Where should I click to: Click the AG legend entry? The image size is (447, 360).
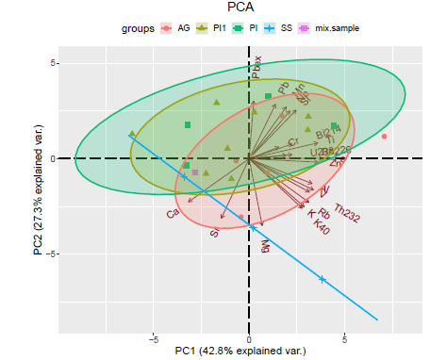point(182,28)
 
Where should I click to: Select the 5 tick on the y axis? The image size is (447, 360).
point(53,63)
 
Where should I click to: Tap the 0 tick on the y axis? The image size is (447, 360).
point(53,158)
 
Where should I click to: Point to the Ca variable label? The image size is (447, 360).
point(173,214)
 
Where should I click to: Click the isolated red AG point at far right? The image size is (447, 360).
point(385,137)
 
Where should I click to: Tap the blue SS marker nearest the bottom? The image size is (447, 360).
point(323,279)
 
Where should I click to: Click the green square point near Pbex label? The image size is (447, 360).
point(268,96)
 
